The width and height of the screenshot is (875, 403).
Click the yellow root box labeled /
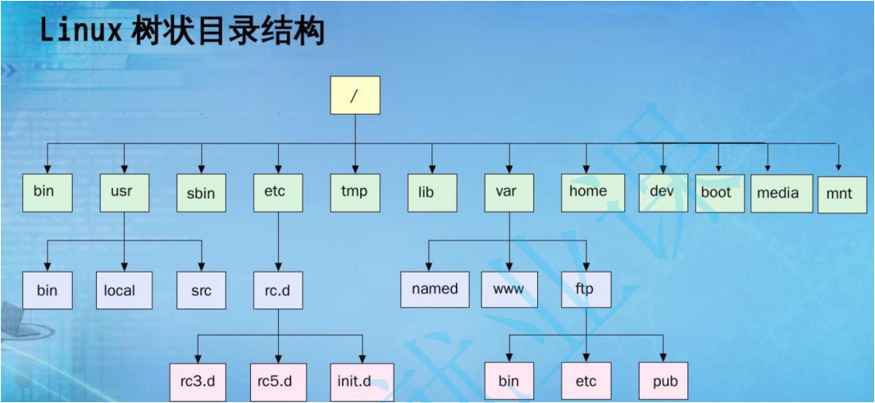[355, 95]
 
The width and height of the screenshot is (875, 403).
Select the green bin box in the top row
[48, 193]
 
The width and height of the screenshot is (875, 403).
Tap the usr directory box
[125, 193]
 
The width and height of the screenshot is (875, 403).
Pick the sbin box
[202, 193]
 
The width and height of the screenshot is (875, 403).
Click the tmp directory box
[355, 193]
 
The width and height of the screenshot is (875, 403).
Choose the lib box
[432, 193]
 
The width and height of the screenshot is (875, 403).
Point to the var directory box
[509, 193]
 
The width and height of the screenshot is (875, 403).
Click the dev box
[663, 193]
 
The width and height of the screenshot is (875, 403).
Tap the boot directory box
[720, 193]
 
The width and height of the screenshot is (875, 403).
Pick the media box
[780, 193]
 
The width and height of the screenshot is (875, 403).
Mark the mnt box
[843, 195]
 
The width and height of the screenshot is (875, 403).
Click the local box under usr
[124, 291]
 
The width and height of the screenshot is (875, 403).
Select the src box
[202, 291]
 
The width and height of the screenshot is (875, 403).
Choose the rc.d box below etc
[279, 291]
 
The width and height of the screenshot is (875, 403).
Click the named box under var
[435, 289]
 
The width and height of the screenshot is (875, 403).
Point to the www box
[509, 289]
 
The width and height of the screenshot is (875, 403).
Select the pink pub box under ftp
[664, 382]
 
